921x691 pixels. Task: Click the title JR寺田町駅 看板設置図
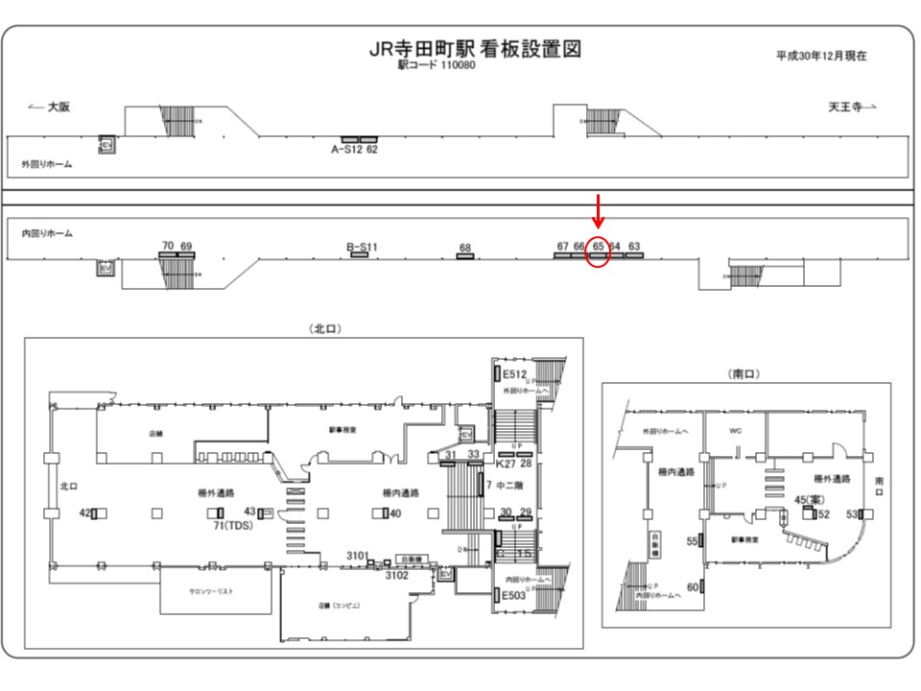coord(475,49)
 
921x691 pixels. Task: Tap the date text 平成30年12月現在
coord(821,56)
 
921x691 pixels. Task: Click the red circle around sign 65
coord(598,253)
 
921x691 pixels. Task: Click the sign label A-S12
coord(346,149)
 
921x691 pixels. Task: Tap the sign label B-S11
coord(362,247)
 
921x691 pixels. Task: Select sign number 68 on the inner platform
coord(465,249)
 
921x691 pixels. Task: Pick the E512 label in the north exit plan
coord(515,374)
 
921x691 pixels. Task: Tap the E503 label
coord(515,596)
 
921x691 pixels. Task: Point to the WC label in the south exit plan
coord(736,431)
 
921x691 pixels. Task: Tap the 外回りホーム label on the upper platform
coord(47,165)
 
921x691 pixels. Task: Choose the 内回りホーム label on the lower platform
coord(47,233)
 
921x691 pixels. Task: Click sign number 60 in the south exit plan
coord(692,586)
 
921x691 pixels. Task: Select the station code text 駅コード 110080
coord(437,65)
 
